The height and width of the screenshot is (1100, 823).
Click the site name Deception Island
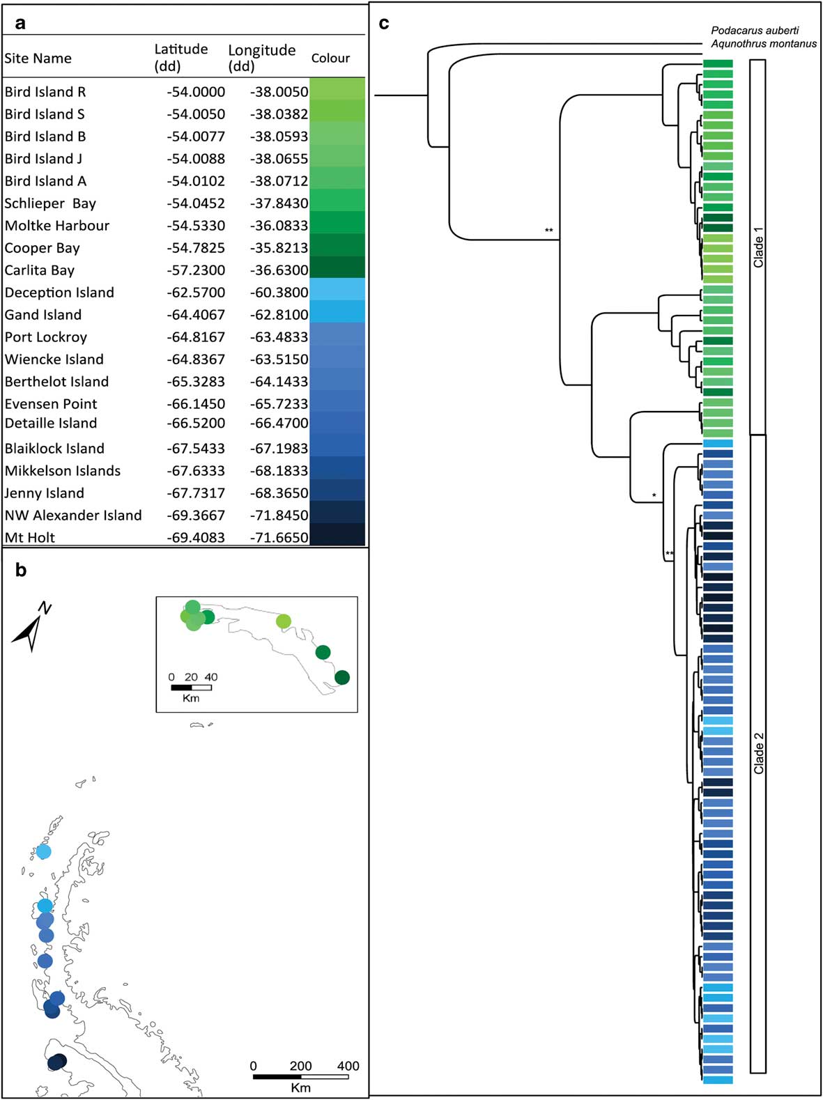pos(59,293)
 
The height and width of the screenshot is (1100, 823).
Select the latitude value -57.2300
pos(196,270)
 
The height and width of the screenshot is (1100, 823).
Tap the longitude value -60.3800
pos(279,293)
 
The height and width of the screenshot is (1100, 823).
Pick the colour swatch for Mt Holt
pos(337,535)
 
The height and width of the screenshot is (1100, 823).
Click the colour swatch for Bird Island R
pos(337,90)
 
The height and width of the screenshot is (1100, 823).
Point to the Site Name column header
pos(38,59)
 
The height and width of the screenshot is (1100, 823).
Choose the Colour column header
pos(330,59)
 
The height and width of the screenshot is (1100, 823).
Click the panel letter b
pos(21,571)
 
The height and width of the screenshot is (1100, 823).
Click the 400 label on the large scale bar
pos(348,1066)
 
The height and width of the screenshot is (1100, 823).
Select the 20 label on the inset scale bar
pos(191,677)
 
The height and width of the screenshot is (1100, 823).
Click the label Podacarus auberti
pos(755,31)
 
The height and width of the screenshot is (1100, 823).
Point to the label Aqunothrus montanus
pos(764,44)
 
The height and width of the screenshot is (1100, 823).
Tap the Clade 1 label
pos(758,247)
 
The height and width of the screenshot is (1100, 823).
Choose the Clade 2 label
pos(758,753)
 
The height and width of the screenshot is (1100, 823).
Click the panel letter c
pos(384,24)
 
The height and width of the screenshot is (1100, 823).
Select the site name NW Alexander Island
pos(73,516)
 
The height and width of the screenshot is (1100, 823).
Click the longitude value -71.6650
pos(279,538)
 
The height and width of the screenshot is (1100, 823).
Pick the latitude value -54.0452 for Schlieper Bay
pos(196,203)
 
